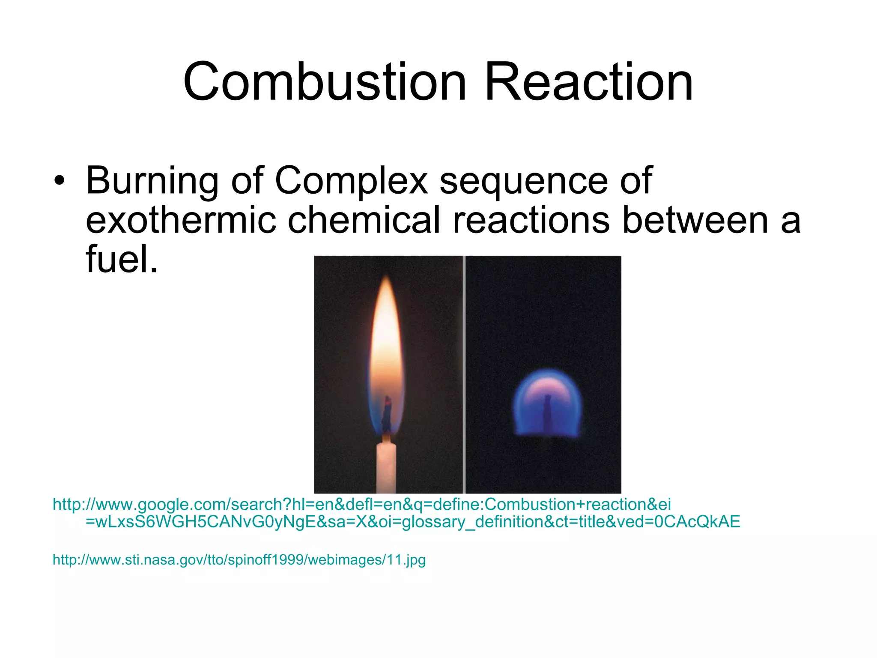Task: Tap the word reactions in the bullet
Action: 531,220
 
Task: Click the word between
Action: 695,220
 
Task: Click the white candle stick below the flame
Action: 386,467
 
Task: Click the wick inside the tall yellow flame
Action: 387,413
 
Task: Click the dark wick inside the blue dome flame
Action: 547,411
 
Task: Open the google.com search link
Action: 361,504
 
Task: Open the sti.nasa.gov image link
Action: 239,559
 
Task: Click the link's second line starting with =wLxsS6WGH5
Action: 413,522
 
